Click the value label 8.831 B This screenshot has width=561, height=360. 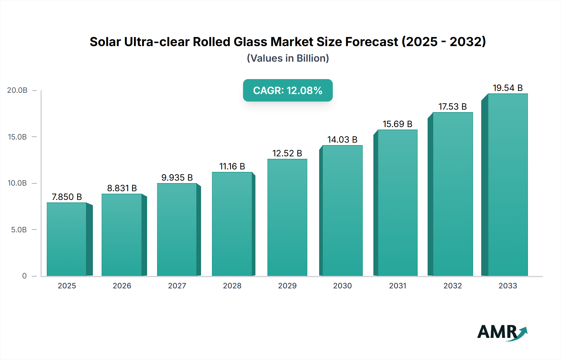[x=122, y=188]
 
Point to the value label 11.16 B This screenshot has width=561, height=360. [x=232, y=166]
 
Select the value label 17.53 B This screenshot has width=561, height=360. [x=453, y=107]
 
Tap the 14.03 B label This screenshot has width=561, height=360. [x=342, y=140]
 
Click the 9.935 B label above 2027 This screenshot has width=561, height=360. [x=177, y=178]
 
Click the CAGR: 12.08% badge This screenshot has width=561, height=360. [x=288, y=90]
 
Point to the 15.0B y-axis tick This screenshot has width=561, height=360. [x=17, y=137]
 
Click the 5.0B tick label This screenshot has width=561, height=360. [x=19, y=230]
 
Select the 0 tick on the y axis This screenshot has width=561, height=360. [x=24, y=276]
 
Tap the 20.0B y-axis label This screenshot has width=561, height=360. [x=17, y=90]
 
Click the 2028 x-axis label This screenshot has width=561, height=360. [x=232, y=286]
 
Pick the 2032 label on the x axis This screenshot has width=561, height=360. [x=453, y=286]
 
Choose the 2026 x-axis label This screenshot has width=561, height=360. [x=122, y=286]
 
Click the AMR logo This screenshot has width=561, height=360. [x=502, y=332]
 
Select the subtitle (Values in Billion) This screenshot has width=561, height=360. [x=288, y=58]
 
